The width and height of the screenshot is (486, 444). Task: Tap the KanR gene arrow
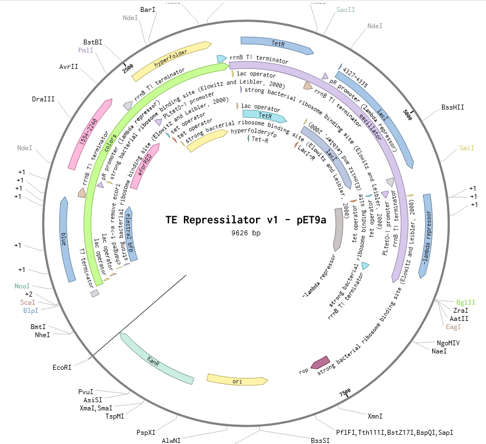tap(157, 359)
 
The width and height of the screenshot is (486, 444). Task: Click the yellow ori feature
tap(237, 380)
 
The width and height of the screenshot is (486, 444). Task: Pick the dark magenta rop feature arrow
tap(320, 362)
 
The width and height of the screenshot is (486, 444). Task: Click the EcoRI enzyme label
tap(62, 367)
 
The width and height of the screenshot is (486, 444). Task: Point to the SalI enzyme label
tap(466, 147)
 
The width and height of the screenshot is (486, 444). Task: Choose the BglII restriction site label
tap(465, 303)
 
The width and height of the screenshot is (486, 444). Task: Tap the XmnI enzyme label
tap(375, 416)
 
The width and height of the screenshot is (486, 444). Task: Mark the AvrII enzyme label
tap(69, 67)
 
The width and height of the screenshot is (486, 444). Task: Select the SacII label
tap(346, 10)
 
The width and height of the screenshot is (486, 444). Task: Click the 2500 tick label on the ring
tap(127, 68)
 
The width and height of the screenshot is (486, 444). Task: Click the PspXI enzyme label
tap(146, 433)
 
